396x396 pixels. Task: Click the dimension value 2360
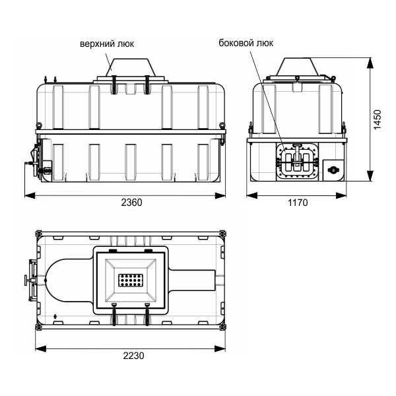point(131,203)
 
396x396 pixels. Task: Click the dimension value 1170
point(298,203)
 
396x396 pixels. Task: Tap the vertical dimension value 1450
point(378,119)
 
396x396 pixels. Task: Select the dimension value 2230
point(133,356)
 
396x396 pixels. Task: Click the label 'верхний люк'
point(107,44)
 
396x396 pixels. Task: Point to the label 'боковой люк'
point(246,43)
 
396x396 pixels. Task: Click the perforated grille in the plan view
point(131,280)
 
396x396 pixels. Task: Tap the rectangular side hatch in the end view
point(297,161)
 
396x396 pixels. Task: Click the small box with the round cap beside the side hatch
point(333,170)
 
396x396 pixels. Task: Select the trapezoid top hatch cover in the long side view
point(130,67)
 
